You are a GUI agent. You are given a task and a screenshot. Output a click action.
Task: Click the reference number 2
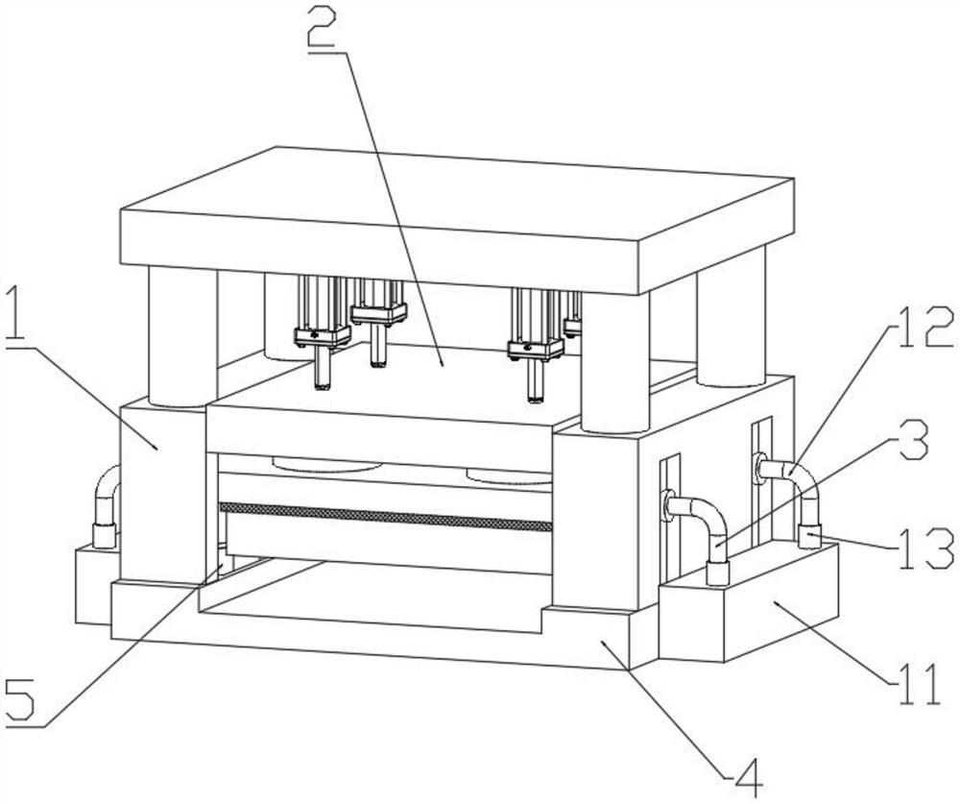(323, 29)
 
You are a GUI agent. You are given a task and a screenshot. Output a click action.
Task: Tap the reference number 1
(17, 317)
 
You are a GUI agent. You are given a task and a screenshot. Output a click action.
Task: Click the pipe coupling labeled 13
(809, 536)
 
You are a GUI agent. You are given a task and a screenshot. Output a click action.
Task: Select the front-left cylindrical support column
(182, 336)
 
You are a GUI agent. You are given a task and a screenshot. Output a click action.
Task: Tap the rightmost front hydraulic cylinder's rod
(536, 381)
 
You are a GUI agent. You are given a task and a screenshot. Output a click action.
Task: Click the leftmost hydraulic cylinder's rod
(322, 369)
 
